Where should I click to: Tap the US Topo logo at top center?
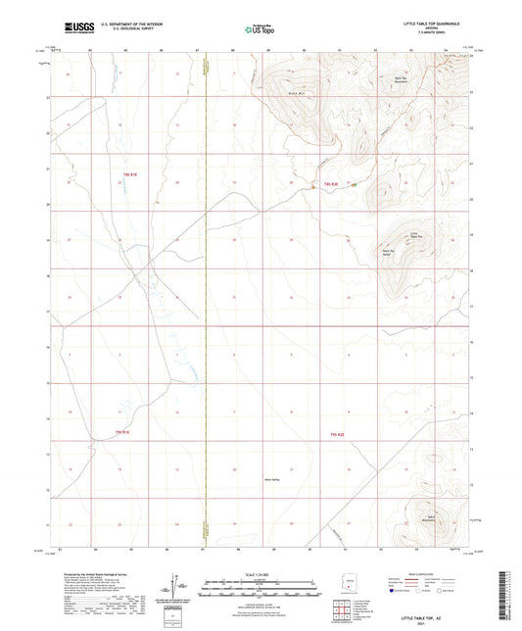pos(260,28)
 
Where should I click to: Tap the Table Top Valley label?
pos(387,251)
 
